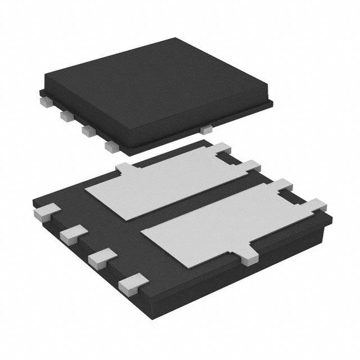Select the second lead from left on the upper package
(x=65, y=116)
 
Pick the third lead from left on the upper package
(x=87, y=130)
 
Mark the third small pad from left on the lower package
(x=99, y=256)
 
